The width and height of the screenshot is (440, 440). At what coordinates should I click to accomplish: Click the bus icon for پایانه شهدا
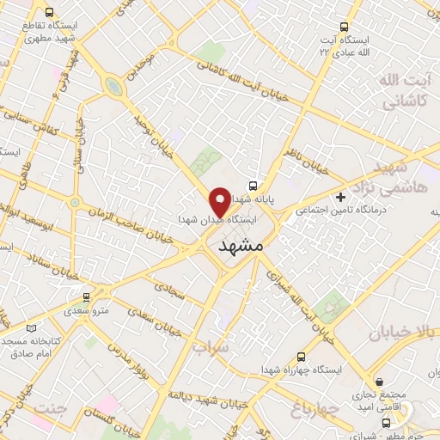[253, 185]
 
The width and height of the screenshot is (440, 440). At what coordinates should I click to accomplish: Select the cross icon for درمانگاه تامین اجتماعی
[341, 198]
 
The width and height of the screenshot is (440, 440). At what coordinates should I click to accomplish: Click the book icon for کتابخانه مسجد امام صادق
[32, 327]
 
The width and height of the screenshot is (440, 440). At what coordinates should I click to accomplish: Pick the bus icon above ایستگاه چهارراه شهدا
[300, 357]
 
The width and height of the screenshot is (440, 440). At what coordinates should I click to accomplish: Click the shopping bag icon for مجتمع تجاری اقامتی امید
[379, 382]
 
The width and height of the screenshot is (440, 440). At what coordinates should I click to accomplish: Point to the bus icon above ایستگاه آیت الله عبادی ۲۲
[345, 27]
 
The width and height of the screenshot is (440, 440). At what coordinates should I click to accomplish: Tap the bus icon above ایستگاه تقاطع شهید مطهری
[48, 14]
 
